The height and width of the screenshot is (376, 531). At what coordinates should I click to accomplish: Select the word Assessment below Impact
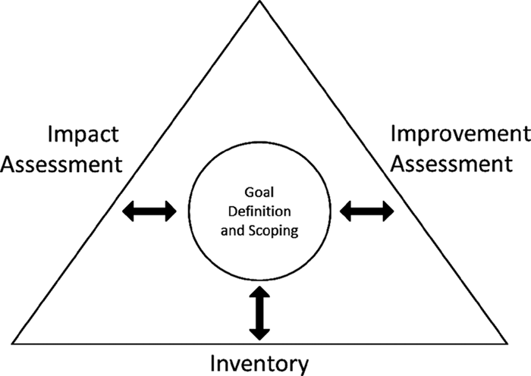[62, 163]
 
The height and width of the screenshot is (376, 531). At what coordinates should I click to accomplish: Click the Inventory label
[260, 363]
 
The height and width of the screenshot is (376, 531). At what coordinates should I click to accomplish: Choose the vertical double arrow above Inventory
[259, 312]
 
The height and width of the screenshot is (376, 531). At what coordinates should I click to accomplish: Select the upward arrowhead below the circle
[259, 293]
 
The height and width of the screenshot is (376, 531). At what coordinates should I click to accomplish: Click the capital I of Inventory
[215, 363]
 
